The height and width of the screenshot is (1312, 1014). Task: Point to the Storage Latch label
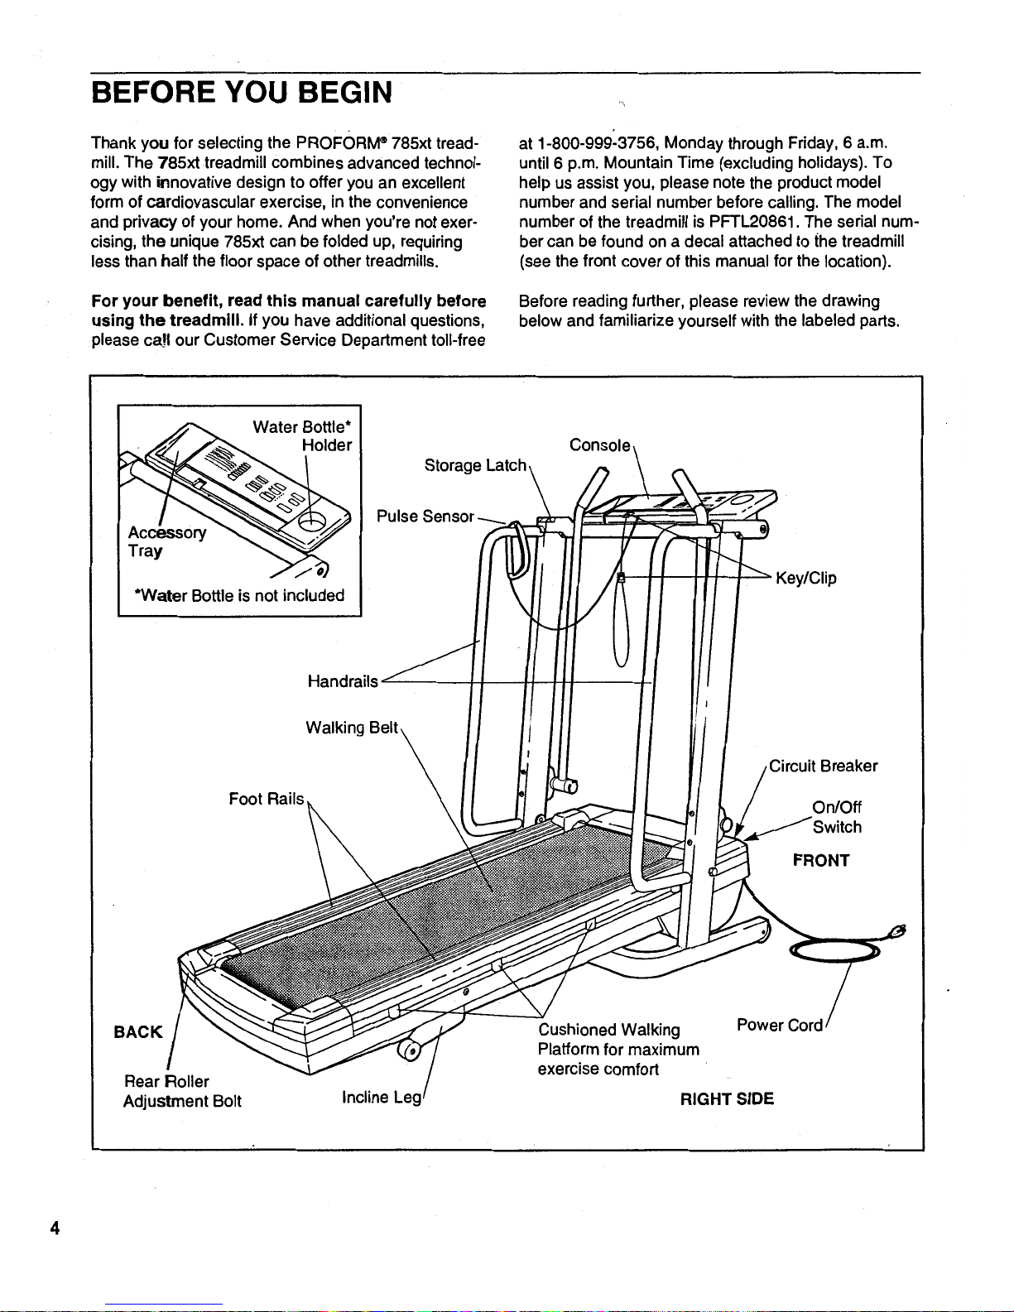pyautogui.click(x=475, y=466)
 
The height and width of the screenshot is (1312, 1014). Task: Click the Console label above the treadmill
pyautogui.click(x=600, y=445)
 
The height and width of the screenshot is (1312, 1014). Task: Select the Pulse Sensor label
pyautogui.click(x=425, y=517)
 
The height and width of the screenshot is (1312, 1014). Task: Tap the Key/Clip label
pyautogui.click(x=805, y=579)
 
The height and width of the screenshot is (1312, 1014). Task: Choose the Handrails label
pyautogui.click(x=343, y=682)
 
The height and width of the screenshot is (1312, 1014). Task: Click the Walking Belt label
pyautogui.click(x=353, y=728)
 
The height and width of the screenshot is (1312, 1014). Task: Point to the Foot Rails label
pyautogui.click(x=267, y=800)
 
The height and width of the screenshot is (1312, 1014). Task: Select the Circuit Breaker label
pyautogui.click(x=823, y=767)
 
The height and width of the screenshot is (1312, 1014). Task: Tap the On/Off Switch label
pyautogui.click(x=837, y=818)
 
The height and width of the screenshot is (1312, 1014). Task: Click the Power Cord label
pyautogui.click(x=779, y=1026)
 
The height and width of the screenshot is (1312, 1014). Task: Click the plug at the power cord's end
pyautogui.click(x=897, y=930)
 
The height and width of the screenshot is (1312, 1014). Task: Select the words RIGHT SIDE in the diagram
pyautogui.click(x=727, y=1100)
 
